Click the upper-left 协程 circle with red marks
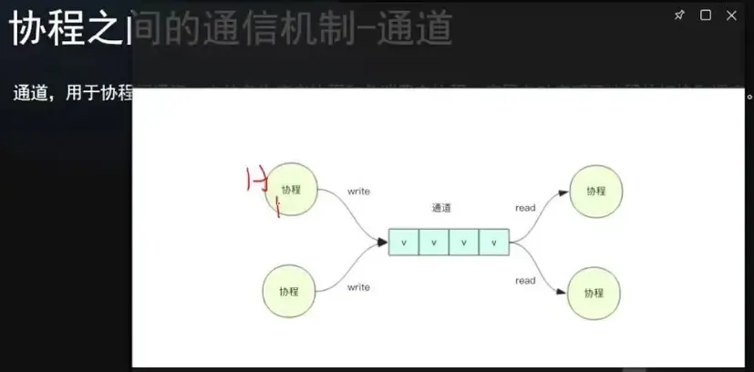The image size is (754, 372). (x=291, y=190)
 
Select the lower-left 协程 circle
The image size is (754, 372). (x=290, y=291)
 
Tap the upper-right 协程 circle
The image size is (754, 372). (x=594, y=191)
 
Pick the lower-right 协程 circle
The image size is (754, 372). (x=594, y=293)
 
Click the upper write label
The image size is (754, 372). (x=358, y=191)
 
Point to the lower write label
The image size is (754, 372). (x=358, y=287)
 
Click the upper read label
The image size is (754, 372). (x=525, y=208)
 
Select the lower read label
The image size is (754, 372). (x=525, y=281)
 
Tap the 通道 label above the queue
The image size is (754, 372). (x=442, y=208)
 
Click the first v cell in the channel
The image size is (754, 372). (x=404, y=243)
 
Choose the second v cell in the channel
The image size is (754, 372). (x=434, y=243)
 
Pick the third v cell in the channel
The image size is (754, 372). (x=464, y=243)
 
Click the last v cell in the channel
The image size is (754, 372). (x=494, y=243)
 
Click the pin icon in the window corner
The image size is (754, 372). (x=679, y=15)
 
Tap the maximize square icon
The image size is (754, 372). (x=705, y=15)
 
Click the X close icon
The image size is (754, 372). (x=731, y=15)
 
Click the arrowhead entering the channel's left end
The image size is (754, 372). (x=383, y=242)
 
